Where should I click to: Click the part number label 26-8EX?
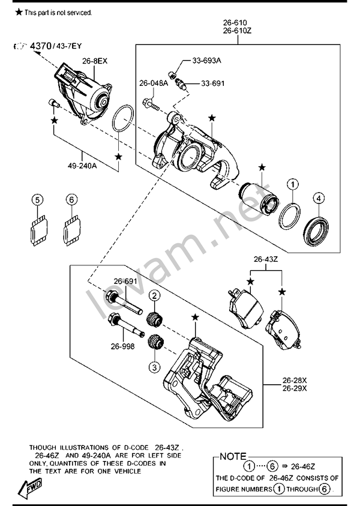pos(95,61)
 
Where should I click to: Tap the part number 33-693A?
pos(207,61)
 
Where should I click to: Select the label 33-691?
pos(212,83)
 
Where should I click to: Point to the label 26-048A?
pos(154,83)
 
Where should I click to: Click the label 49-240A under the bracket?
pos(82,166)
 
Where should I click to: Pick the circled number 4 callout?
pos(319,198)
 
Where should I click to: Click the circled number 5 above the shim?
pos(37,200)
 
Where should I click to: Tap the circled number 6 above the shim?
pos(71,200)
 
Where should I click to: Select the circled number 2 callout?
pos(155,295)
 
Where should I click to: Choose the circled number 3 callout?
pos(155,367)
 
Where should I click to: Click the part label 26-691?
pos(125,281)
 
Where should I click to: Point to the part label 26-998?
pos(123,346)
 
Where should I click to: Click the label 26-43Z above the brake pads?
pos(266,259)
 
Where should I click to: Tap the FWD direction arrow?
pos(29,487)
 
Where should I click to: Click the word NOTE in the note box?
pos(233,457)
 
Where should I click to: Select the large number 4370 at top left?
pos(41,46)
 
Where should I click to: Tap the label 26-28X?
pos(295,380)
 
